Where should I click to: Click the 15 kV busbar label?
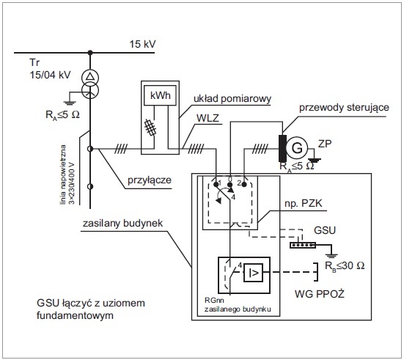pyautogui.click(x=142, y=44)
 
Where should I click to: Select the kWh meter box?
pyautogui.click(x=160, y=95)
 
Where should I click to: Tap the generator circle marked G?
pyautogui.click(x=297, y=148)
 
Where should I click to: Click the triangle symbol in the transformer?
pyautogui.click(x=90, y=76)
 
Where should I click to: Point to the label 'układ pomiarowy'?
pyautogui.click(x=232, y=99)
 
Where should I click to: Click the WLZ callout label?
pyautogui.click(x=207, y=118)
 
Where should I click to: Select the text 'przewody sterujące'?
pyautogui.click(x=344, y=108)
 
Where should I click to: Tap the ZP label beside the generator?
pyautogui.click(x=325, y=144)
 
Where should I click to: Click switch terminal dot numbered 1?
pyautogui.click(x=216, y=184)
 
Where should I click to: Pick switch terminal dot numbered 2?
pyautogui.click(x=244, y=184)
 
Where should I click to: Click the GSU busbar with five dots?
pyautogui.click(x=303, y=245)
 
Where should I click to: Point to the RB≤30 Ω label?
pyautogui.click(x=345, y=265)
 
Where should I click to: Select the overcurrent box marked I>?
pyautogui.click(x=253, y=273)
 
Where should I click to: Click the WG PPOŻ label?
pyautogui.click(x=320, y=294)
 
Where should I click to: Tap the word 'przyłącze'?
pyautogui.click(x=150, y=180)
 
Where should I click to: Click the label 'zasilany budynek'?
pyautogui.click(x=122, y=223)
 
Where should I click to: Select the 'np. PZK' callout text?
pyautogui.click(x=304, y=204)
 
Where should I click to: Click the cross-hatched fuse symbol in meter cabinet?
pyautogui.click(x=150, y=127)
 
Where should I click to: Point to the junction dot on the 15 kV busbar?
pyautogui.click(x=90, y=53)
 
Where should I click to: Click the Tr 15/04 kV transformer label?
pyautogui.click(x=50, y=69)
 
